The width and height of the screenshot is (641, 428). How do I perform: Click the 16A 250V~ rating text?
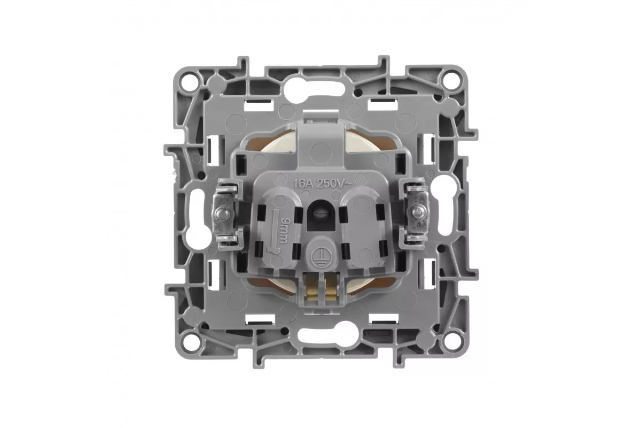(x=322, y=184)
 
